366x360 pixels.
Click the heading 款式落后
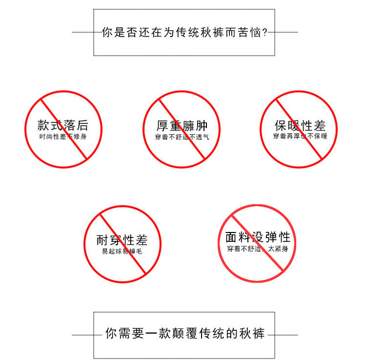[x=63, y=126]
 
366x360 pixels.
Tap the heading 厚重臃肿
[x=181, y=126]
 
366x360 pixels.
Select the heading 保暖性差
[x=299, y=126]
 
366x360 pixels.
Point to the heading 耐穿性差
[x=122, y=240]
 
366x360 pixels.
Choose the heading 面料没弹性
[x=258, y=237]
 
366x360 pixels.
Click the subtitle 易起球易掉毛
[x=122, y=252]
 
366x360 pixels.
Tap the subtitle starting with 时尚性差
[x=63, y=137]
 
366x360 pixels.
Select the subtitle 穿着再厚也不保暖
[x=299, y=137]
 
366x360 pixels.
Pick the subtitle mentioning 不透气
[x=181, y=137]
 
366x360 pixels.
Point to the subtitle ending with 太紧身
[x=258, y=249]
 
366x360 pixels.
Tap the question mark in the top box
[x=264, y=33]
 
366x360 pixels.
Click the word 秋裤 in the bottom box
[x=252, y=334]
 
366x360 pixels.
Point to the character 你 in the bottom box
[x=111, y=334]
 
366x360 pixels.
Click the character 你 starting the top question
[x=106, y=33]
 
